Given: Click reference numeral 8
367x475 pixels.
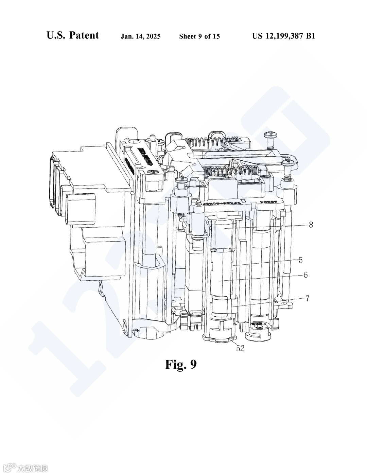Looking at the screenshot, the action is coord(311,225).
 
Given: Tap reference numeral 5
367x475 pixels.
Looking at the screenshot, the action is coord(300,260).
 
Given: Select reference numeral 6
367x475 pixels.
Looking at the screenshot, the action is coord(305,275).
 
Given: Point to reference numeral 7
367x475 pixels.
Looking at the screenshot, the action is coord(307,299).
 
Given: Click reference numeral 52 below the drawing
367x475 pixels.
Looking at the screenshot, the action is coord(240,348).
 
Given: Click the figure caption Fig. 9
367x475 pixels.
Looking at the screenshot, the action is coord(181,365).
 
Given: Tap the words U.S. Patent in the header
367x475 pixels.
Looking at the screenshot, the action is coord(73,35).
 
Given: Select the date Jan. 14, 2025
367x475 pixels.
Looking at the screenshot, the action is coord(141,36).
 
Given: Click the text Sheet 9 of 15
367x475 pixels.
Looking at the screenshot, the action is coord(199,36).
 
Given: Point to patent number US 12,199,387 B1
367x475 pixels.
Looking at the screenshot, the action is coord(283,36).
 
